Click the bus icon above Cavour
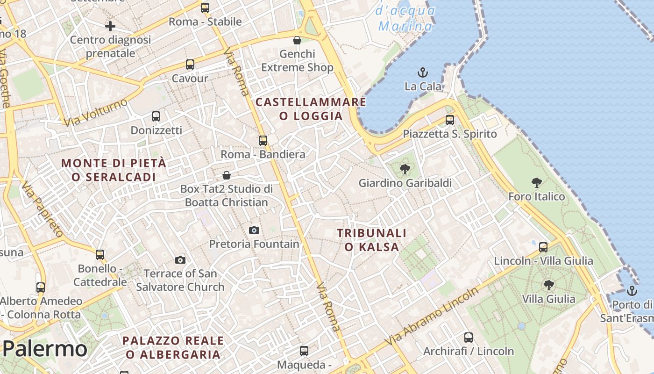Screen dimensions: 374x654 [x=190, y=65]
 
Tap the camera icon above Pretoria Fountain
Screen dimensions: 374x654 [x=254, y=230]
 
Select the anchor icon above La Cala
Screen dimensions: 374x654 [x=423, y=72]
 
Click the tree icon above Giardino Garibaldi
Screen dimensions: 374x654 [x=405, y=169]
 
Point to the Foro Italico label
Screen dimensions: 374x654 [x=537, y=196]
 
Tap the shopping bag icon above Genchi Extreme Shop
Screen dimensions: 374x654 [x=297, y=40]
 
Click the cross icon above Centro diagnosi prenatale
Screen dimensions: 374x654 [x=110, y=26]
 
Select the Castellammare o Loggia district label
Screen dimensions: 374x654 [x=311, y=109]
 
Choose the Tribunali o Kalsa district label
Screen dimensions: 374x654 [x=372, y=240]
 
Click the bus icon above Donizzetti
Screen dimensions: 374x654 [x=156, y=116]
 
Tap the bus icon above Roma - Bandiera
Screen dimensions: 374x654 [x=263, y=141]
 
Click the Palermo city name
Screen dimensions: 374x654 [x=45, y=349]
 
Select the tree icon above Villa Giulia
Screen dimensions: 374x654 [x=549, y=285]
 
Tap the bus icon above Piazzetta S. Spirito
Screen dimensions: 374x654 [x=450, y=120]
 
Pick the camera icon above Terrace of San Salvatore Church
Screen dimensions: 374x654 [x=180, y=260]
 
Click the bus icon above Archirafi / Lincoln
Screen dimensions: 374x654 [x=469, y=337]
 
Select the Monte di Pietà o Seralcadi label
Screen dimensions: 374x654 [x=114, y=170]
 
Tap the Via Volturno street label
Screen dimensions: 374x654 [x=96, y=113]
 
